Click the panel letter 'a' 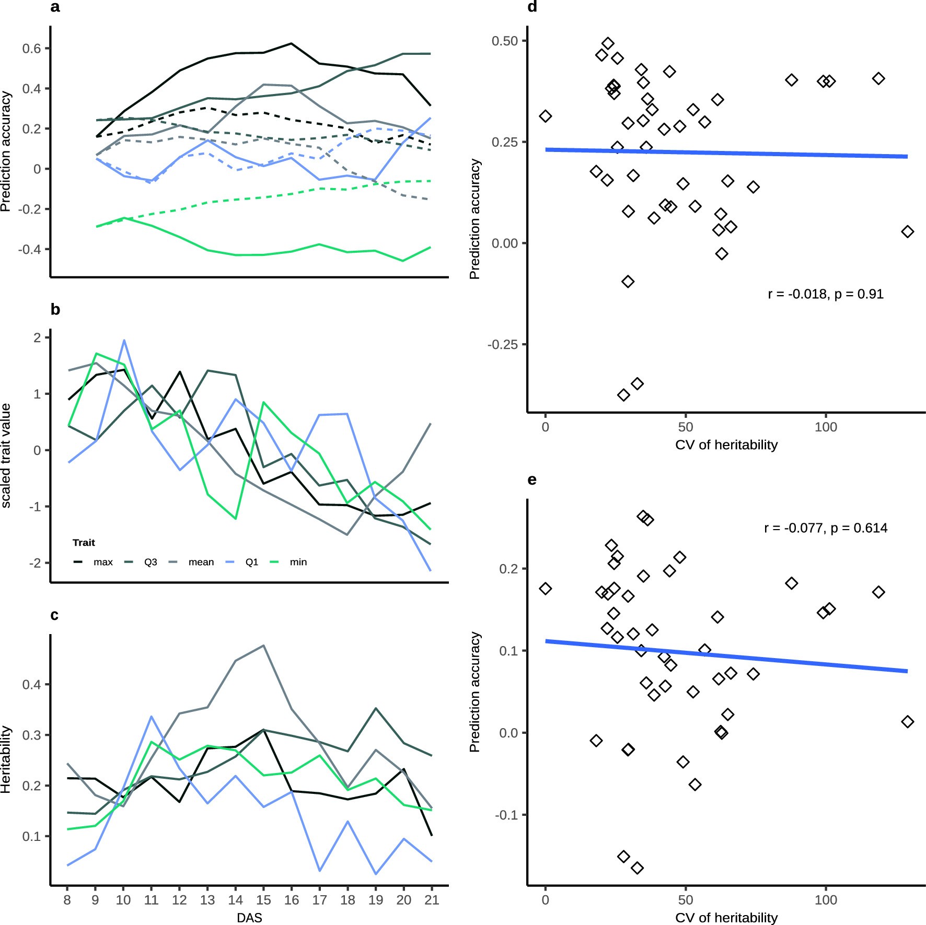point(55,7)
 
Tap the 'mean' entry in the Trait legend point(201,562)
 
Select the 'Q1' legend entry point(251,562)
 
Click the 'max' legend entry point(103,562)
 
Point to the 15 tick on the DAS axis point(263,899)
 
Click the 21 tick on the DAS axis point(432,899)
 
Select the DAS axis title point(249,918)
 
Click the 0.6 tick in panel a point(31,49)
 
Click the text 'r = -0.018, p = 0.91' point(826,294)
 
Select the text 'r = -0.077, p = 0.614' point(826,528)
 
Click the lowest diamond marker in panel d point(623,395)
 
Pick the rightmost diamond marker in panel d point(908,231)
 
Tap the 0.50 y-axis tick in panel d point(504,41)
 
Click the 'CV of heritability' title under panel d point(726,444)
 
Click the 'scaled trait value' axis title point(6,455)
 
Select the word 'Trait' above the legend point(84,543)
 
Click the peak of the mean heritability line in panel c point(264,646)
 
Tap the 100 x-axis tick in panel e point(826,899)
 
